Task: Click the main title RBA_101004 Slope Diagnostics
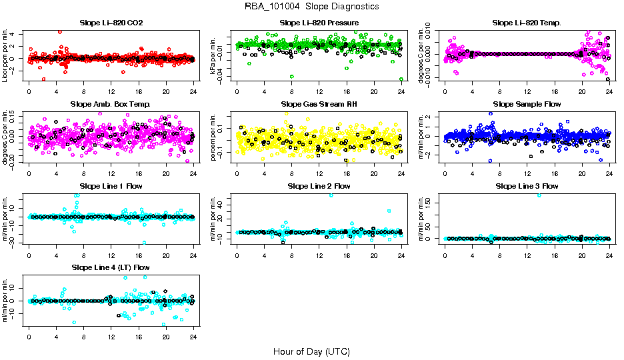coord(311,6)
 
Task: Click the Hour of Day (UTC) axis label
coord(311,351)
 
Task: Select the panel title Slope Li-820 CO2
coord(111,23)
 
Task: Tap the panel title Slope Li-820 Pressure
coord(319,23)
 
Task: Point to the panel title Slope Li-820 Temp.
coord(527,23)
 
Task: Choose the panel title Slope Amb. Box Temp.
coord(111,104)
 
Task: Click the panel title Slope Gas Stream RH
coord(319,104)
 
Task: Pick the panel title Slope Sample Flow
coord(527,104)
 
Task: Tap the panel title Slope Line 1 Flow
coord(111,185)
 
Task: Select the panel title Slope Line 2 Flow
coord(319,185)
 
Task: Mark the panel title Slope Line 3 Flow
coord(527,185)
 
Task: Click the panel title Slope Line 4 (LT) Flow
coord(111,267)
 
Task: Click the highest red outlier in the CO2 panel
coord(60,31)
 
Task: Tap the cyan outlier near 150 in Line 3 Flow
coord(539,195)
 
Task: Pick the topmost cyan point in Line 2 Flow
coord(331,195)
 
